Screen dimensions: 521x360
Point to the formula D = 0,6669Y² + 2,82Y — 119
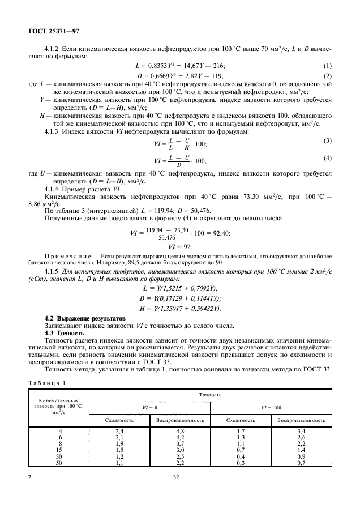click(180, 75)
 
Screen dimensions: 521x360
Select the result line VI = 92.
click(180, 247)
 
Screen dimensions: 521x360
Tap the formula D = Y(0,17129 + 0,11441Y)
click(180, 297)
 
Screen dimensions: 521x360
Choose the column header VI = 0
click(149, 407)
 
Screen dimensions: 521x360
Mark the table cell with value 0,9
click(302, 456)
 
